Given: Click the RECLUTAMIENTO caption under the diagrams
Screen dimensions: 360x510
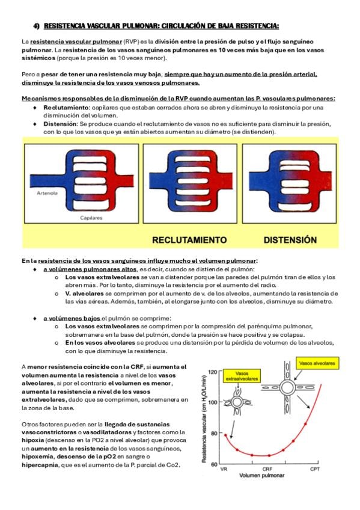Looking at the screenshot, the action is tap(189, 240).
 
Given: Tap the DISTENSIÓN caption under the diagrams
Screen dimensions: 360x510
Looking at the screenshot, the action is tap(290, 240).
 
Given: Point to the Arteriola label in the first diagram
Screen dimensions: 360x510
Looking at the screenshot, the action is tap(47, 193).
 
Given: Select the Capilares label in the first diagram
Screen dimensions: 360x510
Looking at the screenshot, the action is tap(91, 218).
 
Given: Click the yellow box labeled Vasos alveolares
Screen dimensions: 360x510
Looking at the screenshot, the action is tap(317, 363).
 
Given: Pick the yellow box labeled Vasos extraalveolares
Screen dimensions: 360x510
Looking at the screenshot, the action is tap(242, 376).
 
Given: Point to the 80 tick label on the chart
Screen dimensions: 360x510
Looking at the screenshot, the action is tap(214, 433).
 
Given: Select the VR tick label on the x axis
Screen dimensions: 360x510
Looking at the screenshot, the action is tap(224, 469).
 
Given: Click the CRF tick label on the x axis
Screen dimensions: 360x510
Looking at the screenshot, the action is tap(267, 469).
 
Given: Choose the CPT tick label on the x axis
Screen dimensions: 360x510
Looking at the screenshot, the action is tap(315, 469).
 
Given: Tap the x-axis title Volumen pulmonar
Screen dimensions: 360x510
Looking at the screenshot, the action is tap(262, 475).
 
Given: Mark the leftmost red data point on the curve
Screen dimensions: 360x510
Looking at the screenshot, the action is tap(225, 435).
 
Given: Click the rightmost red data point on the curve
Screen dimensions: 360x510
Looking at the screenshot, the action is tap(305, 424).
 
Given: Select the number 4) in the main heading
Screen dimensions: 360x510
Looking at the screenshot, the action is tap(37, 26).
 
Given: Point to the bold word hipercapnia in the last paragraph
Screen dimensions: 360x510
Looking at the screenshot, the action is tap(40, 465).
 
